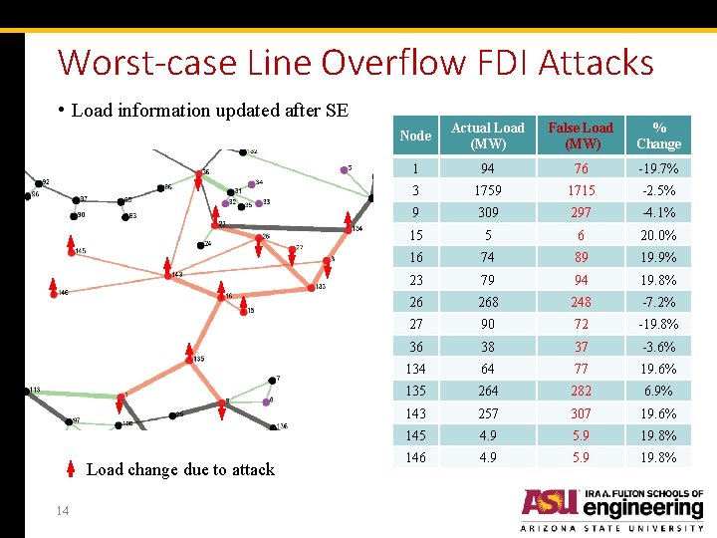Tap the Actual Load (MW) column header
487,135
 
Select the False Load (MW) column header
581,135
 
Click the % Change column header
659,135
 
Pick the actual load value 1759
487,190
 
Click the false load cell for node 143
581,413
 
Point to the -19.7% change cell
659,168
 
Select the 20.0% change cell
659,235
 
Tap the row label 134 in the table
415,369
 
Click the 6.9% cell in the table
659,391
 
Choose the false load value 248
581,302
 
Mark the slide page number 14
62,511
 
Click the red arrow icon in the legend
70,469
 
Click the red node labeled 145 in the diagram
72,252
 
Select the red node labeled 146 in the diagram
53,292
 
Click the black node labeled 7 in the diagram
271,380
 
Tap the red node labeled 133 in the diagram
311,288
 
